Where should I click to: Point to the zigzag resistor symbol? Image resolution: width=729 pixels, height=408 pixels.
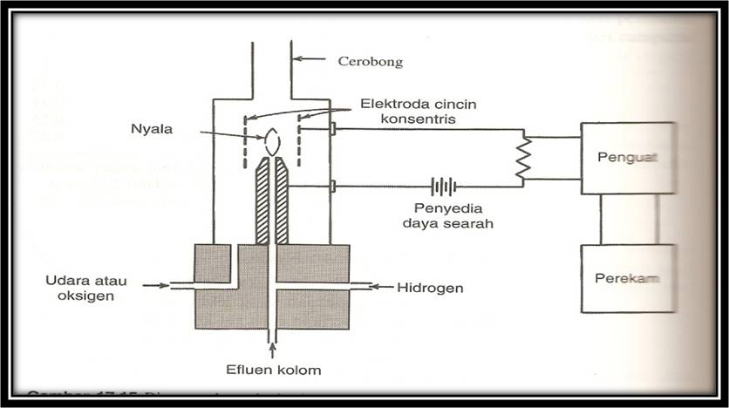[x=523, y=158]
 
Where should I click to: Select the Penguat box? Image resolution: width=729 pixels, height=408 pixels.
[x=628, y=158]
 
